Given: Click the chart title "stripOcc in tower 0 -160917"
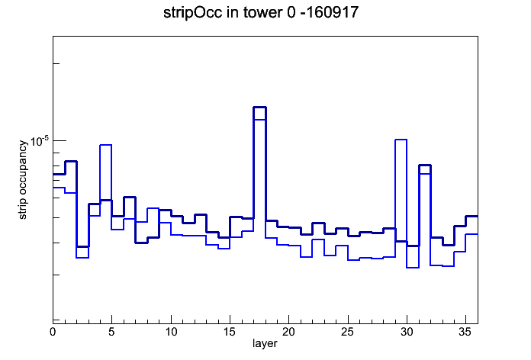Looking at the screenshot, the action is [261, 13].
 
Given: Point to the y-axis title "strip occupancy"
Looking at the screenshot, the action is [22, 180].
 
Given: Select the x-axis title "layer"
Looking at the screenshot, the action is [265, 343].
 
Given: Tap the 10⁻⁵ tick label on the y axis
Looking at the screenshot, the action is [39, 141].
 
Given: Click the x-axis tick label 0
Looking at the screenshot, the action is [53, 332].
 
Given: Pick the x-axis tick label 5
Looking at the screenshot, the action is [111, 332].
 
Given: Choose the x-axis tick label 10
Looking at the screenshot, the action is [171, 332].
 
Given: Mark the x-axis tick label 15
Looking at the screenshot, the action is [230, 332].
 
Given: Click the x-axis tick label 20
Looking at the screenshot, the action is [288, 332].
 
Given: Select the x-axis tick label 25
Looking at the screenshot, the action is [347, 332].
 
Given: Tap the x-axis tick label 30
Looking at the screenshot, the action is [407, 332].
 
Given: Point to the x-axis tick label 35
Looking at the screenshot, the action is [465, 332].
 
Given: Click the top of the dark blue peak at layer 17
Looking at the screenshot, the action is [259, 108].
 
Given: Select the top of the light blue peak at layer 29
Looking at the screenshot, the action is [401, 140].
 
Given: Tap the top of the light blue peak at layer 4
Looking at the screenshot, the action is [105, 145].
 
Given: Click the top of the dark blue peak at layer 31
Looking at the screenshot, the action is [425, 166].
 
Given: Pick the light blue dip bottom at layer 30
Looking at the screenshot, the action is [413, 268].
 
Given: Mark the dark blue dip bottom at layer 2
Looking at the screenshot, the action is [82, 246].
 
